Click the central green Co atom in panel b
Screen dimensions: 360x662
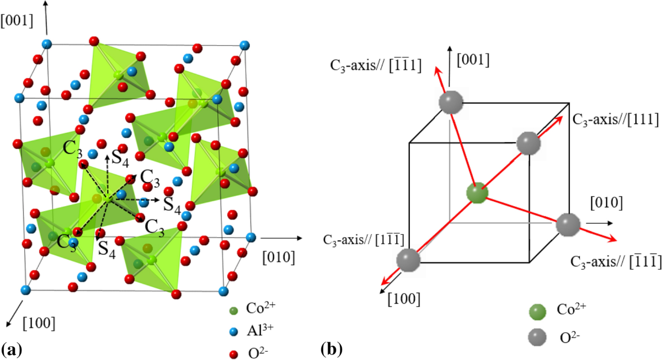(x=477, y=194)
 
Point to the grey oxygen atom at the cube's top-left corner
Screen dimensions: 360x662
(x=450, y=102)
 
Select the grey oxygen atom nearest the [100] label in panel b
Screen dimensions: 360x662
(x=408, y=260)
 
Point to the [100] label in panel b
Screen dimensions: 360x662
(x=405, y=298)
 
